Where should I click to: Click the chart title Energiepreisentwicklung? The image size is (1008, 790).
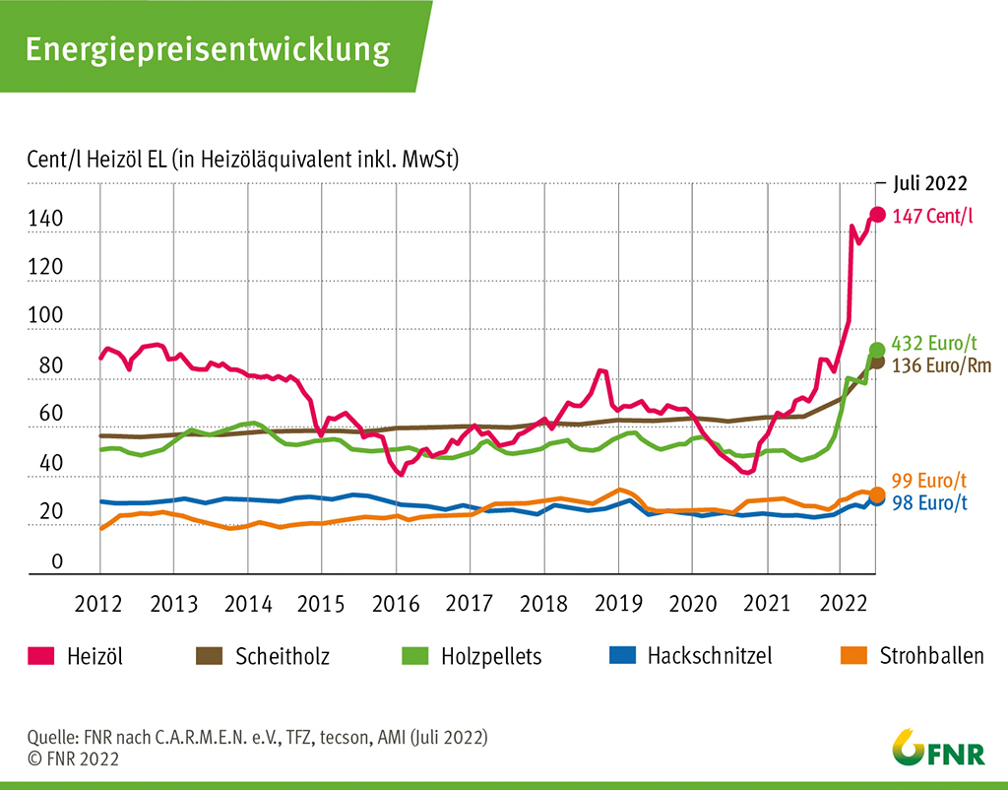pos(207,48)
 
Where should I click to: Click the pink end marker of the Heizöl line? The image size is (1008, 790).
pos(877,215)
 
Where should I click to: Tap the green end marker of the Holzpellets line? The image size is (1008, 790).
pos(877,350)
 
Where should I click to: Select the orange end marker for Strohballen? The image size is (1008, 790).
pos(877,494)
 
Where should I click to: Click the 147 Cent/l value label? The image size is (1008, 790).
pos(931,217)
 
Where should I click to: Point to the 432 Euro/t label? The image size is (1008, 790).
pos(933,344)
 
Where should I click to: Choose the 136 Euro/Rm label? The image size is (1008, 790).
pos(941,365)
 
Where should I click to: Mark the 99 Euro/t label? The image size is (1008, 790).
pos(929,482)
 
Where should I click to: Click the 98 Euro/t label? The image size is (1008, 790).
pos(929,503)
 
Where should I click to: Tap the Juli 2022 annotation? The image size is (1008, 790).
pos(930,183)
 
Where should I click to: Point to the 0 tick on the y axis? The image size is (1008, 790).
pos(57,562)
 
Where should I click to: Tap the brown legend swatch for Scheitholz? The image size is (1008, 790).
pos(211,655)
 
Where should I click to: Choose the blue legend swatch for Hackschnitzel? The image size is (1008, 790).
pos(622,655)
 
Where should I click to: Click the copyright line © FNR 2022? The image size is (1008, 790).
pos(74,757)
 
